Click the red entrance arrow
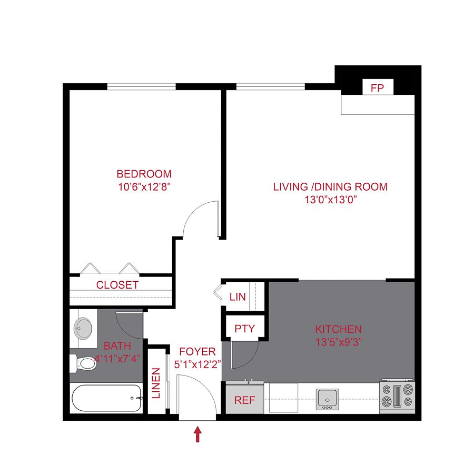198,434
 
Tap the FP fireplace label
377,88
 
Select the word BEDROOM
144,174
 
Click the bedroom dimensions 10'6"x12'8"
144,186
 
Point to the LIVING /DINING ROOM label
330,186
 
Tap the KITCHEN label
338,329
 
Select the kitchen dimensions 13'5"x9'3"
338,341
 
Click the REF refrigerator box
244,400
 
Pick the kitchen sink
326,399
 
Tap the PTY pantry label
244,329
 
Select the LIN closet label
238,297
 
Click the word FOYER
197,352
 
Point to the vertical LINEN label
156,383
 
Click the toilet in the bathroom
82,363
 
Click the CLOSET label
117,285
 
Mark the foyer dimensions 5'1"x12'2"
197,364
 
